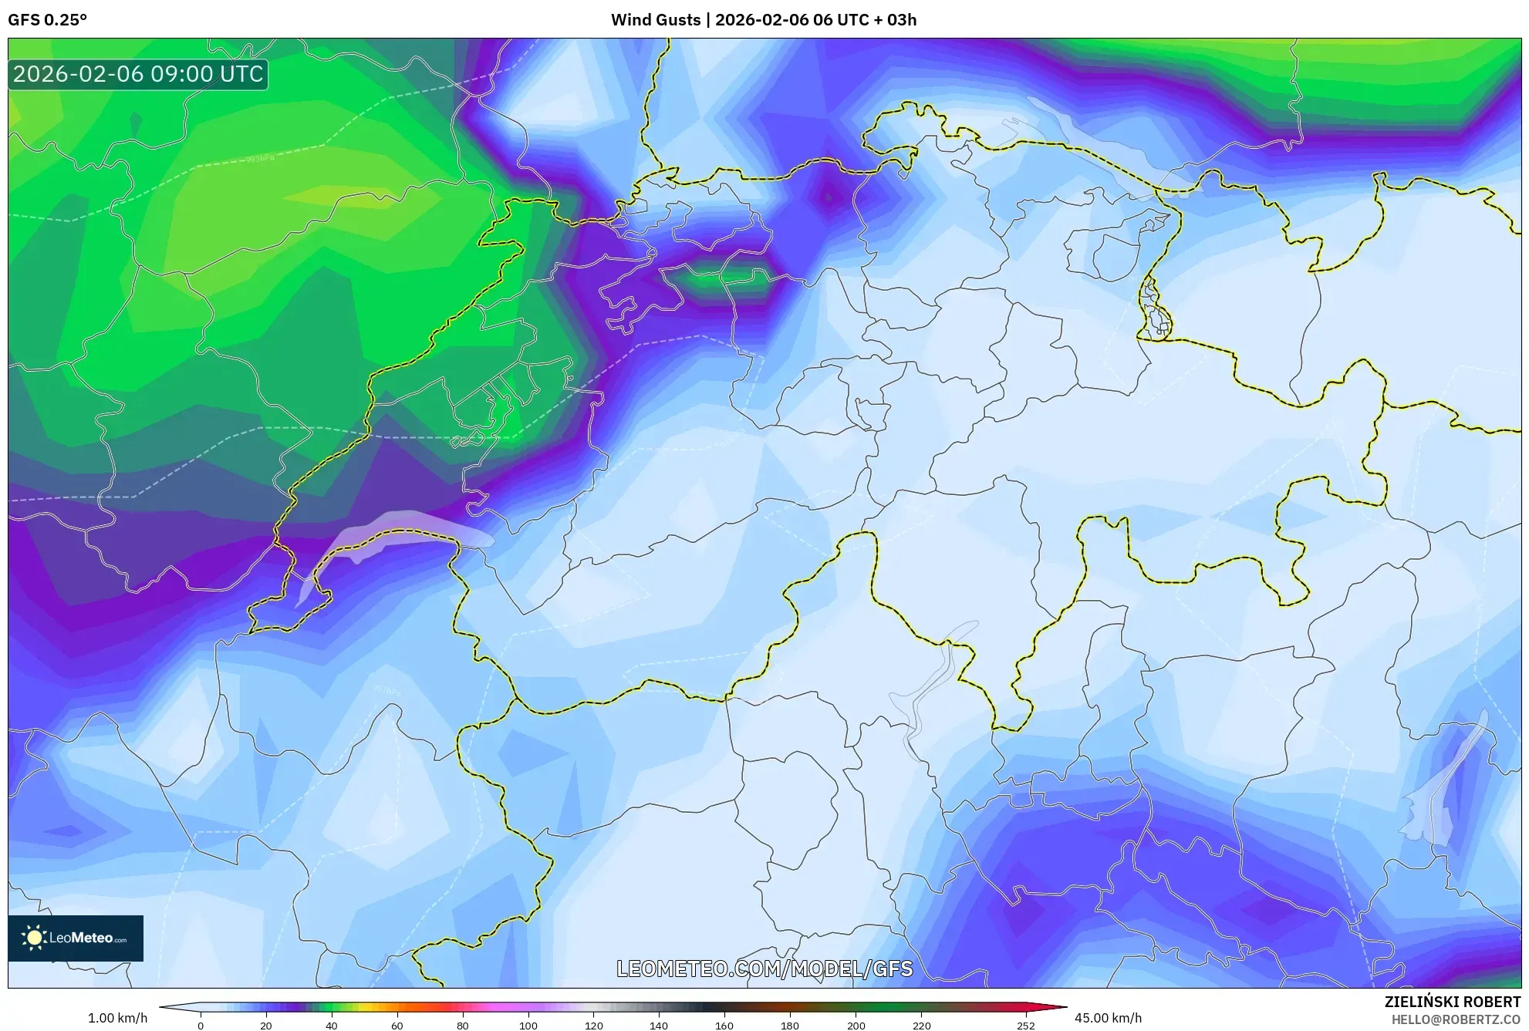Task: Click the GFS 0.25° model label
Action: (47, 20)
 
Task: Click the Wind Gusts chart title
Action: (763, 20)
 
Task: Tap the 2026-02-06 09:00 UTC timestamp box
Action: (138, 75)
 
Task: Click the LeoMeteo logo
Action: (76, 938)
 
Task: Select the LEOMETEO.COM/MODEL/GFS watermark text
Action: (764, 969)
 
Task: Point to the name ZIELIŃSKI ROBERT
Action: (1452, 1002)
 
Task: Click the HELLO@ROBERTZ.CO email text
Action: (1455, 1019)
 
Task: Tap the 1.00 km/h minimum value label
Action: (117, 1018)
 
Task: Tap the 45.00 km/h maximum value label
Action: (1108, 1018)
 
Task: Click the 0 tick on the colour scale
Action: (201, 1026)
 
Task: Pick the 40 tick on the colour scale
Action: (331, 1026)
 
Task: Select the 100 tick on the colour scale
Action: (528, 1026)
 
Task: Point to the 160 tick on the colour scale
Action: (724, 1026)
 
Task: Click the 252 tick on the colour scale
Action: (1025, 1026)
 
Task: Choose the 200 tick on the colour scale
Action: (856, 1026)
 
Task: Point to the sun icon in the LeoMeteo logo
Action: (34, 938)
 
